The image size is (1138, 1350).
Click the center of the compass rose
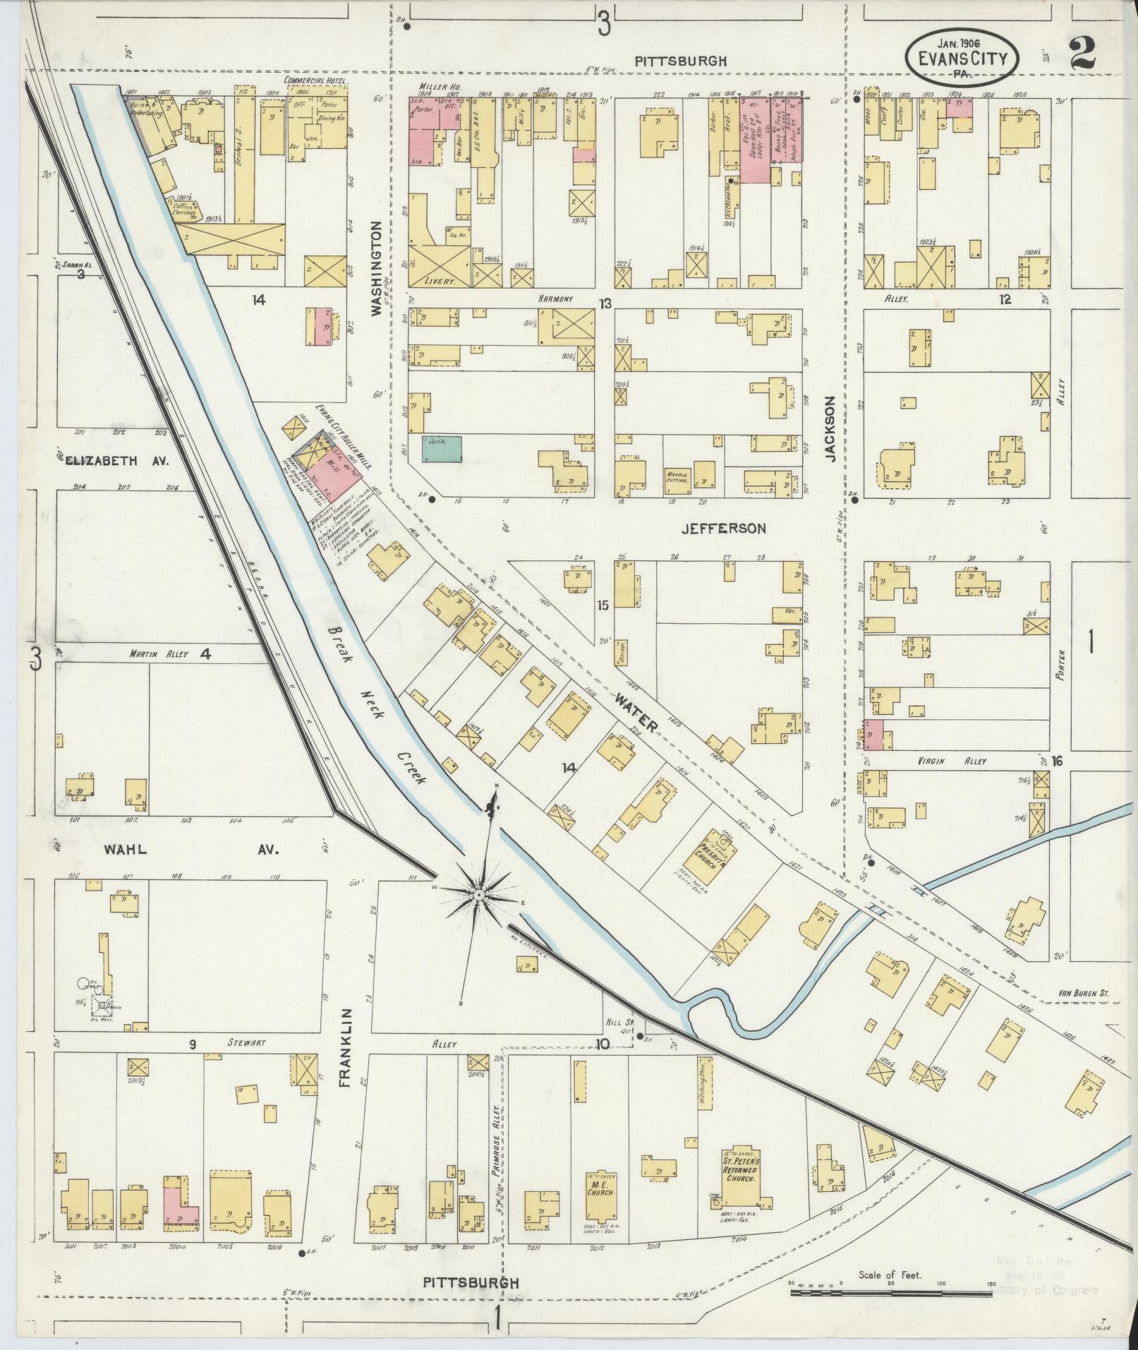pyautogui.click(x=478, y=895)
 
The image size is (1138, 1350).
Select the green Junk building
pyautogui.click(x=442, y=449)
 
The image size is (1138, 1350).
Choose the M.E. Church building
pyautogui.click(x=601, y=1186)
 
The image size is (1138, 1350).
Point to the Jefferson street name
pyautogui.click(x=723, y=528)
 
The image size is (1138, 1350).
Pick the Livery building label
pyautogui.click(x=438, y=280)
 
